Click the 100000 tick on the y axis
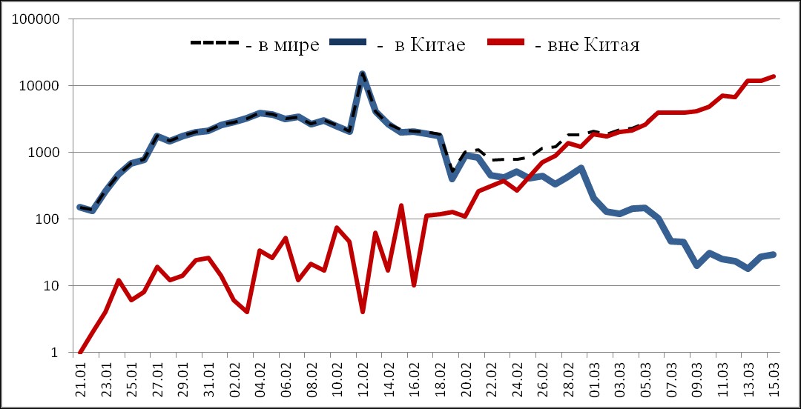point(34,19)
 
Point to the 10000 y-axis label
point(38,85)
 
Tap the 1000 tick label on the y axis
point(42,152)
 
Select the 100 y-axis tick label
point(45,219)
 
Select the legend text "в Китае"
point(429,46)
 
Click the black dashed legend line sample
point(214,43)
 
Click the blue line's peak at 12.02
point(362,73)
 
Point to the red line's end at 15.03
point(774,76)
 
